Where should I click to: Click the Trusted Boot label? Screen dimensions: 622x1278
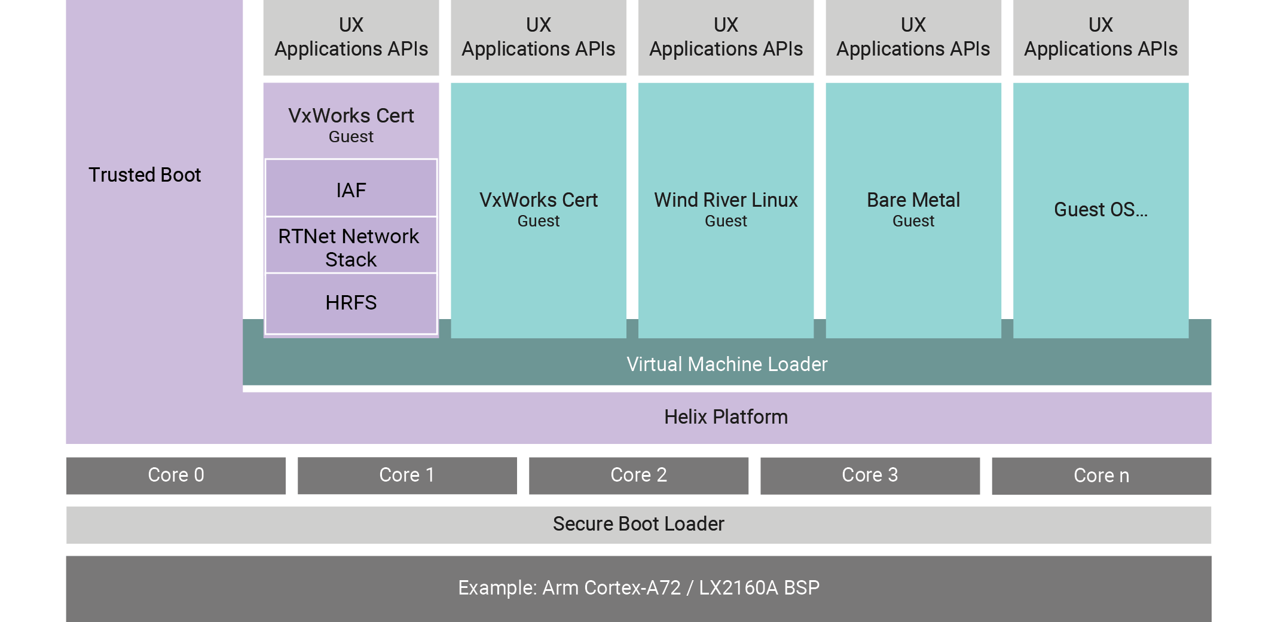(x=145, y=175)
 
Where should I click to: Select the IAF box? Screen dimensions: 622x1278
(x=351, y=189)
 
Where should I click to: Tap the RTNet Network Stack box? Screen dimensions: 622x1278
(x=351, y=247)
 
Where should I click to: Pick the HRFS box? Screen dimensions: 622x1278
(x=351, y=302)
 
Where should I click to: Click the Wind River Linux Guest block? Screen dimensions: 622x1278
(x=726, y=209)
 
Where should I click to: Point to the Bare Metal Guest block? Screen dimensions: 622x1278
(x=913, y=209)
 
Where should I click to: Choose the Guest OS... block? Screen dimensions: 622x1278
(x=1100, y=209)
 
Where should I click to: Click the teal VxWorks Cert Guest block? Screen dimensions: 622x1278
(x=538, y=209)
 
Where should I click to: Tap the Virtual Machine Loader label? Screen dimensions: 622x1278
(x=727, y=364)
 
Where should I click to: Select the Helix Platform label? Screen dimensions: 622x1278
(x=726, y=416)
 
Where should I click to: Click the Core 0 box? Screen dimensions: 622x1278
(x=176, y=475)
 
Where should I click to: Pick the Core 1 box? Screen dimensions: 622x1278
(x=407, y=475)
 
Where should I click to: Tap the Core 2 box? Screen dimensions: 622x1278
(x=638, y=475)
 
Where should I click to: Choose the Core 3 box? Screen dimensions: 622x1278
(x=870, y=475)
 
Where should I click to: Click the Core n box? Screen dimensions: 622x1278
(x=1101, y=476)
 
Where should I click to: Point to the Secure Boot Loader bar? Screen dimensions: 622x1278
(x=638, y=524)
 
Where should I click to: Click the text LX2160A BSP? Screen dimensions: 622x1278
(x=759, y=588)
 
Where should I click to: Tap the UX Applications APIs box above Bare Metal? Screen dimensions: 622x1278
(x=913, y=37)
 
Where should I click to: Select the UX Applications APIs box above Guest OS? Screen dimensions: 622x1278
(x=1100, y=37)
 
